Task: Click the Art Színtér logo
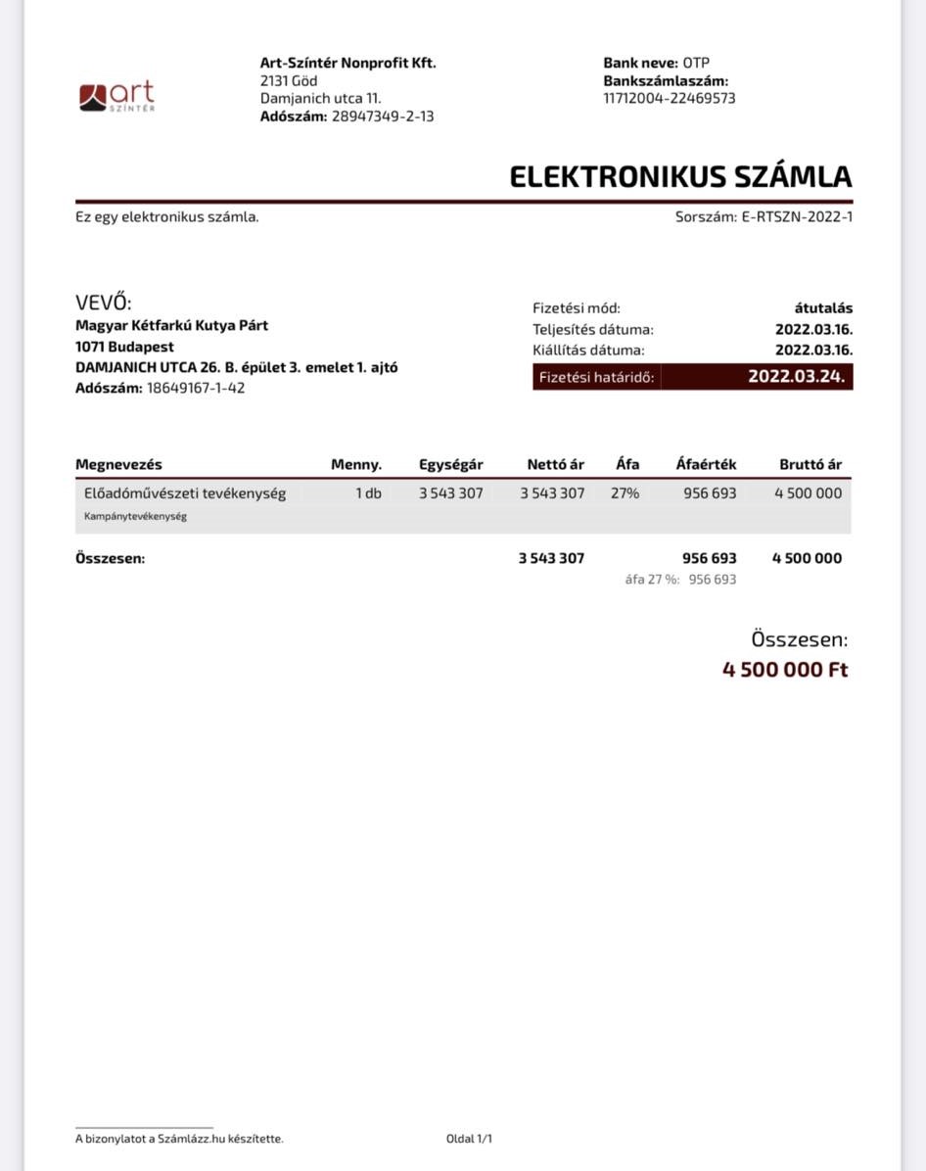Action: coord(116,96)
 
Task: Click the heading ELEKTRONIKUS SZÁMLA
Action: coord(680,177)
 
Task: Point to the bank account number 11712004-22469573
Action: coord(670,98)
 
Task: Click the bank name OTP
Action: coord(696,63)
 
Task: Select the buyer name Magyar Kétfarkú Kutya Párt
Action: coord(171,325)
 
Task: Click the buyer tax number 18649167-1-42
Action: coord(196,388)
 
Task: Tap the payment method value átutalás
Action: coord(823,308)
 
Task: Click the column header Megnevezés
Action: coord(118,464)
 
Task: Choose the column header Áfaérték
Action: coord(706,464)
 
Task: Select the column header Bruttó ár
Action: coord(810,464)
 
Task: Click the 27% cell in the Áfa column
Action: coord(625,493)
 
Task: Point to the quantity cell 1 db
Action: coord(368,493)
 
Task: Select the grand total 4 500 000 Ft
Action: coord(785,670)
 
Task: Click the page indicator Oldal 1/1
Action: coord(469,1139)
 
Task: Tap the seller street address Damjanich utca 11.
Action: coord(320,98)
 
